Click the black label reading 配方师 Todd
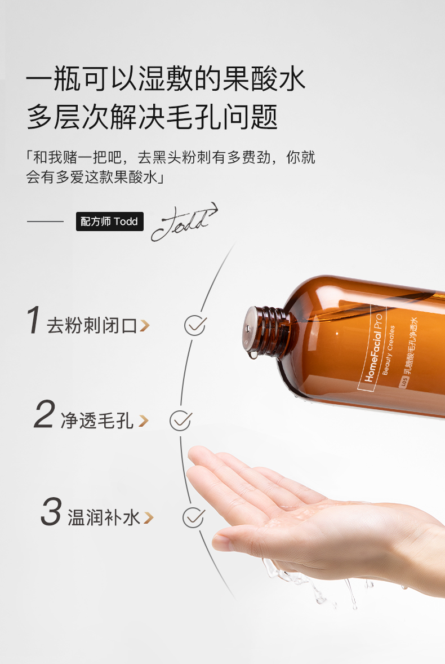click(x=109, y=222)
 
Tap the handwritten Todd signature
click(x=184, y=222)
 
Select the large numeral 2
click(x=44, y=414)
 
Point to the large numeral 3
click(x=51, y=511)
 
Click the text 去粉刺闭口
click(x=92, y=326)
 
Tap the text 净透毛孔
click(x=97, y=420)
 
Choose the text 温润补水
click(x=104, y=517)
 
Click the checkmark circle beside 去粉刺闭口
click(x=194, y=325)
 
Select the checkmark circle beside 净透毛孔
click(x=180, y=420)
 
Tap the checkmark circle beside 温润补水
click(x=193, y=517)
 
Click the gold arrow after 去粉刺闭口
click(x=145, y=326)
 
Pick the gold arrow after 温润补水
click(x=148, y=517)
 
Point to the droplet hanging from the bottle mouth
click(x=253, y=354)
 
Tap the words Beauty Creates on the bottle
click(x=388, y=350)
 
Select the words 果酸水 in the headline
click(x=264, y=79)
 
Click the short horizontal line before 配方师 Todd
click(x=45, y=221)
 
